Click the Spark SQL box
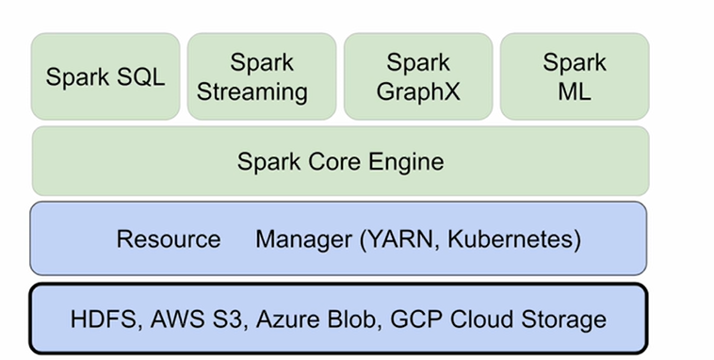pos(105,76)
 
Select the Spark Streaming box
pos(261,76)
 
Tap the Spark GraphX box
pos(417,76)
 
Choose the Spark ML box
pos(574,76)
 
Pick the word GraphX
pos(417,91)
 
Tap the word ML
pos(574,91)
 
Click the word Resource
pos(169,238)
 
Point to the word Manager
pos(303,238)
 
